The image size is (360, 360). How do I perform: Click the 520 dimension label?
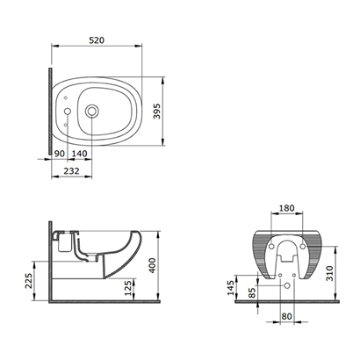(x=97, y=40)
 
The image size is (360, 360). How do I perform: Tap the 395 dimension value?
(x=157, y=111)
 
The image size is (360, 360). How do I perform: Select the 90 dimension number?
(x=60, y=154)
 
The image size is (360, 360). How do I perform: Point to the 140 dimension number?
(x=80, y=154)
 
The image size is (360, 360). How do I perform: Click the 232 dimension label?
(x=71, y=170)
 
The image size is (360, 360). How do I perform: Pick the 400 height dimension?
(x=153, y=265)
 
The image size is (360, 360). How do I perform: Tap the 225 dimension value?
(x=29, y=281)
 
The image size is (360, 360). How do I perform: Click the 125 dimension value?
(x=128, y=288)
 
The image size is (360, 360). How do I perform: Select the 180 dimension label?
(x=286, y=208)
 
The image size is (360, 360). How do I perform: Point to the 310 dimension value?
(x=330, y=273)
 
